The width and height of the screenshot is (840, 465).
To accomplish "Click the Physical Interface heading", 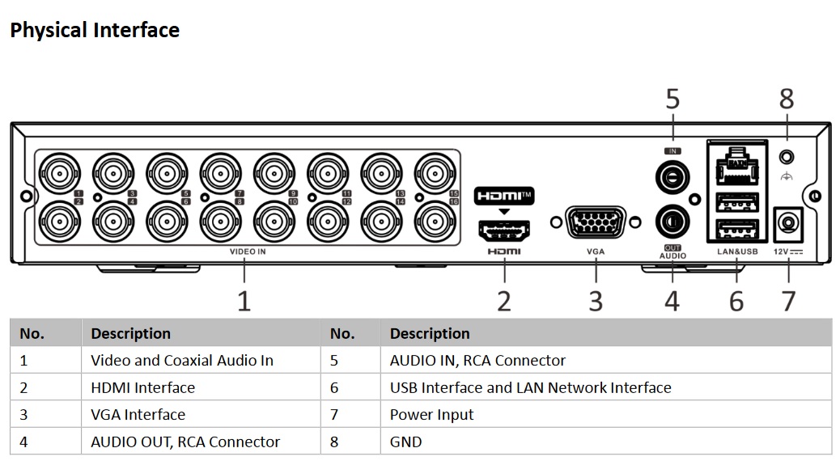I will coord(95,31).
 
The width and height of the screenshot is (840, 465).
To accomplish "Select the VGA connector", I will coord(596,222).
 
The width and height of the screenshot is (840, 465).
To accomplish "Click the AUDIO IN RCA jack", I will coord(672,173).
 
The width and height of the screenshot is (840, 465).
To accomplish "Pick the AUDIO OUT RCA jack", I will coord(672,220).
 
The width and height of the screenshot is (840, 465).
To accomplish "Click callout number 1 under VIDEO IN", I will coord(244,301).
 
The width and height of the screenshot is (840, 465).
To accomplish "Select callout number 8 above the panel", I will coord(787,99).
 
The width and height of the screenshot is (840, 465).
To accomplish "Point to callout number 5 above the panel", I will coord(672,99).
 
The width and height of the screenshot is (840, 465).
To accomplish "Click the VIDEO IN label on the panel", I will coord(248,252).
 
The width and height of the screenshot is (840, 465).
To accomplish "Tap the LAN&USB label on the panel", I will coord(736,252).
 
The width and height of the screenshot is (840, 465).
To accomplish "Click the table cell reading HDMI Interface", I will coord(143,388).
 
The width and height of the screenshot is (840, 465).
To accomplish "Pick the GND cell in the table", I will coord(405,442).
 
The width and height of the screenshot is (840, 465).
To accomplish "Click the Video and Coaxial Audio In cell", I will coord(182,361).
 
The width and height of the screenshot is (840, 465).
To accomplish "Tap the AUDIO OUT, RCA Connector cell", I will coord(185,442).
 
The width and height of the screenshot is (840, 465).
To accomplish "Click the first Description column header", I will coord(130,333).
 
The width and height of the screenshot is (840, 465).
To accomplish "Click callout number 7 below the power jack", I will coord(788,301).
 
